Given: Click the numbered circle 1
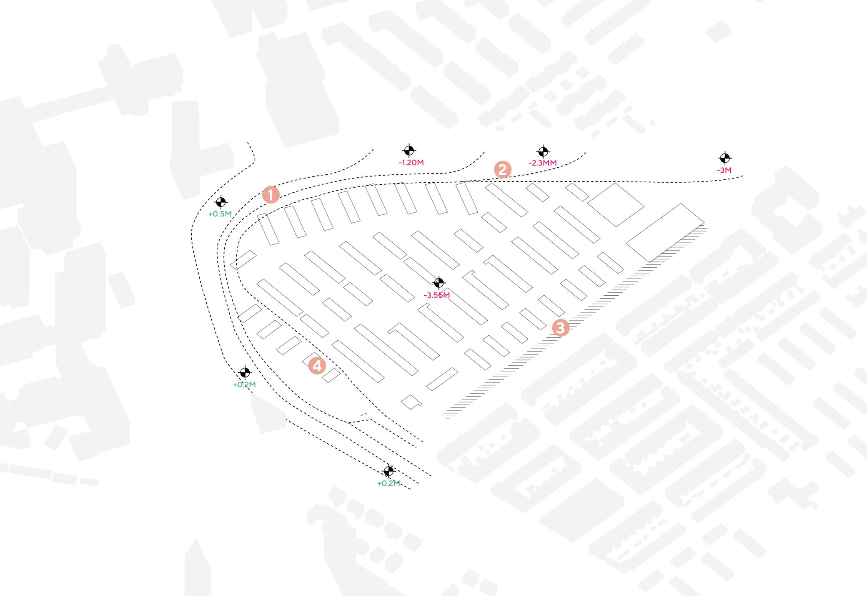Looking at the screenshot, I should [271, 195].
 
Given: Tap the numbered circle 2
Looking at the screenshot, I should [502, 170].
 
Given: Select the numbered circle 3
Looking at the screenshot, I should [560, 328].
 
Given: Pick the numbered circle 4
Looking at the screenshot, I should [317, 366].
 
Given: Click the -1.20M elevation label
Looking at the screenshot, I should [411, 163].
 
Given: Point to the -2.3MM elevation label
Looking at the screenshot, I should [542, 163].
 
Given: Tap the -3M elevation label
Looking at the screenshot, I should [724, 170].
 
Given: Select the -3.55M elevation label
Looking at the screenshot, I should [436, 295].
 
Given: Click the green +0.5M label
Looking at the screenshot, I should [220, 214].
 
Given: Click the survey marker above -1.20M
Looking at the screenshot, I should [409, 151].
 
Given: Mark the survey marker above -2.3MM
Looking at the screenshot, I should [543, 151].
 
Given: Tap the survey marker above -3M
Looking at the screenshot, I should [725, 158].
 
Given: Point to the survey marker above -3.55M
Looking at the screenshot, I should [438, 283].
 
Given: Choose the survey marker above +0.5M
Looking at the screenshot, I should [221, 202].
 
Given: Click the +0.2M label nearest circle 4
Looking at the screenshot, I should [244, 385].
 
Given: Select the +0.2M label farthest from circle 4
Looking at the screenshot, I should [388, 483].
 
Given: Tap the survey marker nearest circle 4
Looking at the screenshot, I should [245, 372].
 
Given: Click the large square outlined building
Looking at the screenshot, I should [616, 205].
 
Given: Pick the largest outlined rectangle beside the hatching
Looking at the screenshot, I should [665, 233].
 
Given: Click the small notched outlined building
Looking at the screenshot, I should [411, 401].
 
